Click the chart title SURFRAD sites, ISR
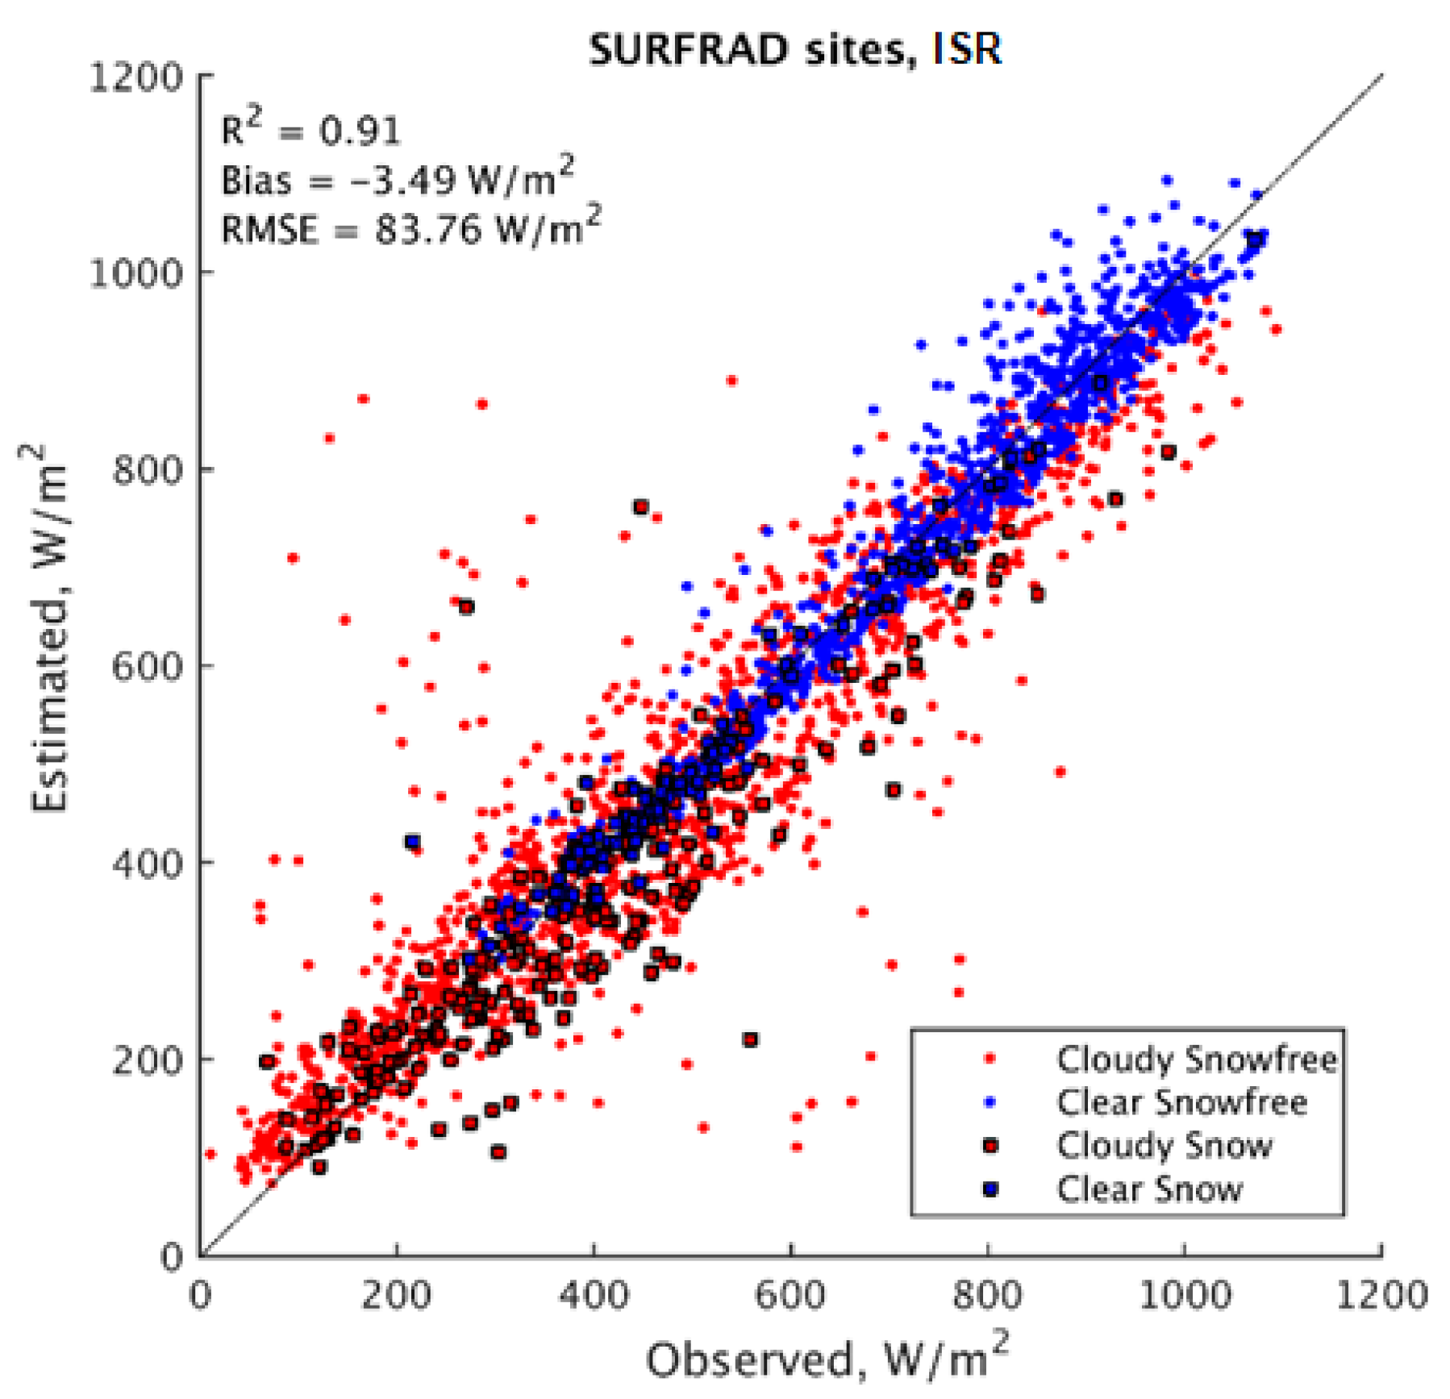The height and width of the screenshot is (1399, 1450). [x=794, y=50]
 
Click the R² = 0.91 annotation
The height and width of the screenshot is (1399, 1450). [x=310, y=129]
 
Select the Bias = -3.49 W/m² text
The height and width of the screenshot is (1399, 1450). [x=398, y=178]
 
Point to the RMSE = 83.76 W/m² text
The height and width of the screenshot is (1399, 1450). [x=410, y=228]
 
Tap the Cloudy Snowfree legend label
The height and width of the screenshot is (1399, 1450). [x=1196, y=1059]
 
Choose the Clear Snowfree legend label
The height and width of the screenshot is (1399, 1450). [x=1181, y=1101]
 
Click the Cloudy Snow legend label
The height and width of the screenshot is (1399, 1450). [x=1164, y=1145]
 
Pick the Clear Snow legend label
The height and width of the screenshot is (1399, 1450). [x=1149, y=1189]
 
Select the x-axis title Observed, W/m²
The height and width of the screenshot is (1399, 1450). [x=827, y=1358]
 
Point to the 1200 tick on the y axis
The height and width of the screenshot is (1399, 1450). [x=135, y=78]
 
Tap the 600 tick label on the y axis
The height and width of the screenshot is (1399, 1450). [x=147, y=667]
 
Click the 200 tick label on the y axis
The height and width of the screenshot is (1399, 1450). [x=147, y=1060]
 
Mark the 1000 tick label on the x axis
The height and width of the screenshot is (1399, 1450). [x=1184, y=1296]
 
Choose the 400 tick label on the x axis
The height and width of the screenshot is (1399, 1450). [x=594, y=1296]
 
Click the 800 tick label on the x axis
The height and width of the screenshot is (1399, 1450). [x=987, y=1296]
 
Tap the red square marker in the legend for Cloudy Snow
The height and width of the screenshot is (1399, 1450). [x=991, y=1145]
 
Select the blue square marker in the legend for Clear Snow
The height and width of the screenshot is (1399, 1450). [x=991, y=1189]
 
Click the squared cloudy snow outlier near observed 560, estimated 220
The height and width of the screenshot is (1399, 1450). [x=750, y=1039]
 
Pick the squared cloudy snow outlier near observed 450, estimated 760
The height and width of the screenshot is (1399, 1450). [x=641, y=507]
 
